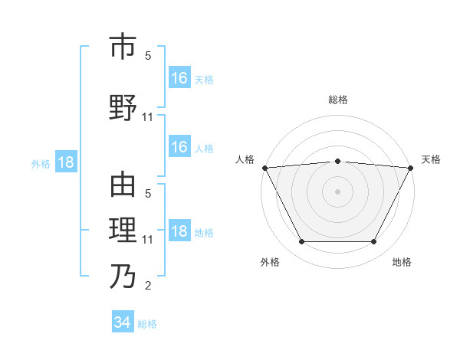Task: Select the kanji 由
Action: coord(122,185)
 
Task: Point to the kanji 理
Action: coord(122,229)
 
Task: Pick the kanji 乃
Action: coord(122,275)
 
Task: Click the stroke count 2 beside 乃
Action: coord(148,286)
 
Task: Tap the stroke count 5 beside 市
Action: coord(148,56)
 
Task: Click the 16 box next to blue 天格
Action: coord(179,77)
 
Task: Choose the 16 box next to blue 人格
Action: coord(179,147)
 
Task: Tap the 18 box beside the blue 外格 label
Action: coord(65,162)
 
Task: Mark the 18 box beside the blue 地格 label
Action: coord(179,231)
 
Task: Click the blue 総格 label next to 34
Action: coord(147,324)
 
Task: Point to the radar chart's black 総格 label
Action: coord(337,100)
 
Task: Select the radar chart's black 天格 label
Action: coord(431,159)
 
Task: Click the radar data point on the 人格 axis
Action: coord(264,168)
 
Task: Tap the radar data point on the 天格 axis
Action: coord(411,168)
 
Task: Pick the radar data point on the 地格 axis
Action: coord(374,242)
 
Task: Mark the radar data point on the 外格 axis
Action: coord(301,242)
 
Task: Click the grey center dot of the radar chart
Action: coord(337,191)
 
